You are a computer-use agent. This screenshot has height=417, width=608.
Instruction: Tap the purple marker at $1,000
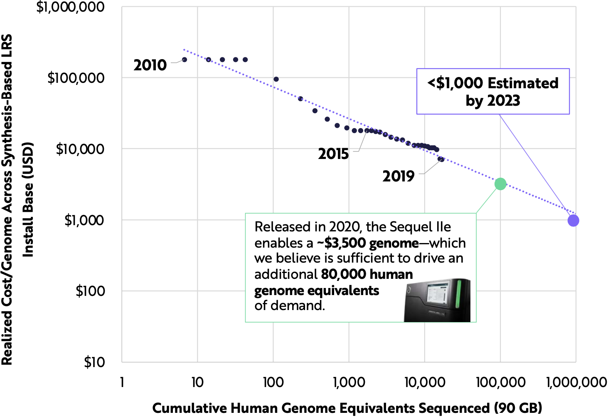click(x=573, y=221)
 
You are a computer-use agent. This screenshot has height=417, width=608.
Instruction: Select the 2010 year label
click(x=150, y=65)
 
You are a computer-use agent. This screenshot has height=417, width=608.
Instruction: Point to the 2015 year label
click(x=333, y=154)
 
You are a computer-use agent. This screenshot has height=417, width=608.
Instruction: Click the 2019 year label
click(x=398, y=176)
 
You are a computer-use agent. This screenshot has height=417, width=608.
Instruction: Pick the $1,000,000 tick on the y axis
click(x=71, y=7)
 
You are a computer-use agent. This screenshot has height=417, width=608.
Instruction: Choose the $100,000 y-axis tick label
click(x=76, y=78)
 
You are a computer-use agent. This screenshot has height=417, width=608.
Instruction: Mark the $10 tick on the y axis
click(x=94, y=362)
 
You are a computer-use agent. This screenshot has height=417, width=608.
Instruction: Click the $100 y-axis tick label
click(x=90, y=291)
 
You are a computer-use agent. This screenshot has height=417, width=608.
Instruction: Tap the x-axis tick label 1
click(x=122, y=382)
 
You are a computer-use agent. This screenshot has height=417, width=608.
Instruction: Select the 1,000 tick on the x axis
click(x=349, y=382)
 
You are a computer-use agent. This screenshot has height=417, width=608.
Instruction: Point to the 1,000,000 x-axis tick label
click(x=576, y=382)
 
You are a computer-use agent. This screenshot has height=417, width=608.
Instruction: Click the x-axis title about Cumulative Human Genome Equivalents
click(x=347, y=408)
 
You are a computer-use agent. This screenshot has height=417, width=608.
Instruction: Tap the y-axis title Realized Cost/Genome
click(x=17, y=200)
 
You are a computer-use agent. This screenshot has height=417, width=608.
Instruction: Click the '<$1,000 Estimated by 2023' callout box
click(x=493, y=92)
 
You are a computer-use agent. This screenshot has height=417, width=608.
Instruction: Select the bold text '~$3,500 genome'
click(x=368, y=243)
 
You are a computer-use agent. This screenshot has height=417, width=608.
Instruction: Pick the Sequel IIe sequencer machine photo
click(x=437, y=300)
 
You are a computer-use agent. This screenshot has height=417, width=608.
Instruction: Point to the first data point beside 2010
click(x=185, y=60)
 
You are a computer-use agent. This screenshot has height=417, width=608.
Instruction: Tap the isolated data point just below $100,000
click(x=276, y=79)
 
